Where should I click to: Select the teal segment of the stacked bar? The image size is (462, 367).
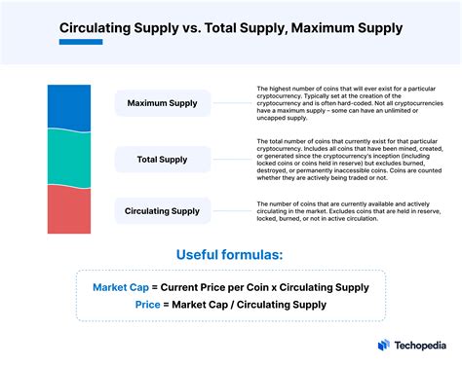70,157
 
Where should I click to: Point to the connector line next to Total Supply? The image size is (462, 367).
229,157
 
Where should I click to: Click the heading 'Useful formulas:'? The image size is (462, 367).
230,254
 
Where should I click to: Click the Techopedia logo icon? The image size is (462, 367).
383,346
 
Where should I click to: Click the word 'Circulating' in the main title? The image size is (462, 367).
106,30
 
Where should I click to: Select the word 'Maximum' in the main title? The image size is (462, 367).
311,30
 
